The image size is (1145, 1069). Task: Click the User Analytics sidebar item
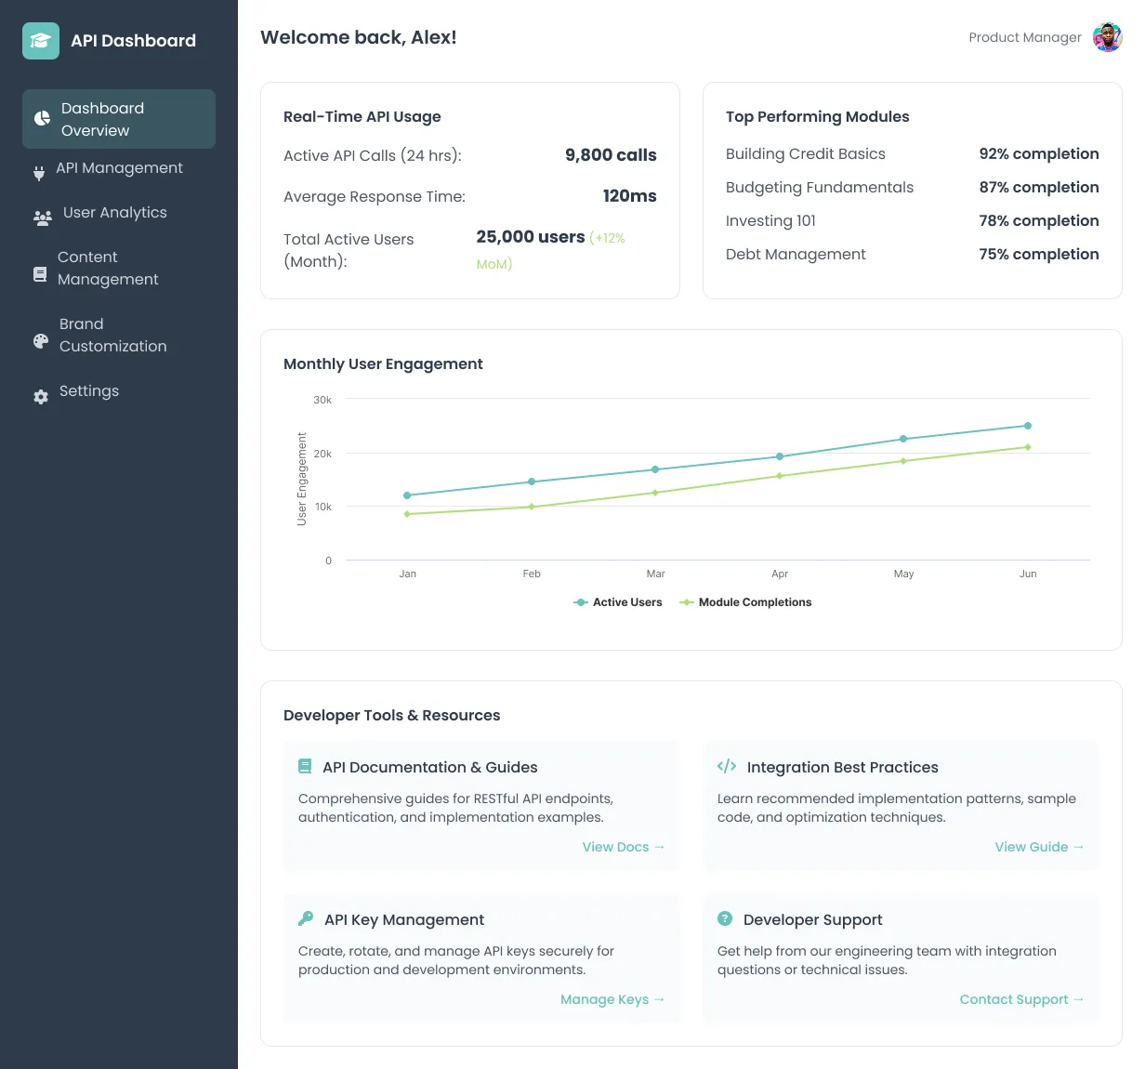113,213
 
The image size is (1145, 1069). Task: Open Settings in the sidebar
88,391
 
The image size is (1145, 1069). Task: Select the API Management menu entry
118,168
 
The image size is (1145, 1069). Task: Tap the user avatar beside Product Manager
1107,38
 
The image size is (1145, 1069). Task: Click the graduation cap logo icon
41,41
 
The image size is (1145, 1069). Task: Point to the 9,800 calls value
610,155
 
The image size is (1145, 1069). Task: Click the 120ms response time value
629,196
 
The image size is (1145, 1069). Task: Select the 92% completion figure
1038,154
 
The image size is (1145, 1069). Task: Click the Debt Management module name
796,255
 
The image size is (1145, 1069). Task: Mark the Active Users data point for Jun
1027,426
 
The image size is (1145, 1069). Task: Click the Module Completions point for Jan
407,514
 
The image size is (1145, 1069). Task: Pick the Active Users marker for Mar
655,469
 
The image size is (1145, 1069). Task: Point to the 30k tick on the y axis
322,400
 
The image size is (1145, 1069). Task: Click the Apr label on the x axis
779,574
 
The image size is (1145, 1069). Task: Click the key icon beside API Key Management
306,918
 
